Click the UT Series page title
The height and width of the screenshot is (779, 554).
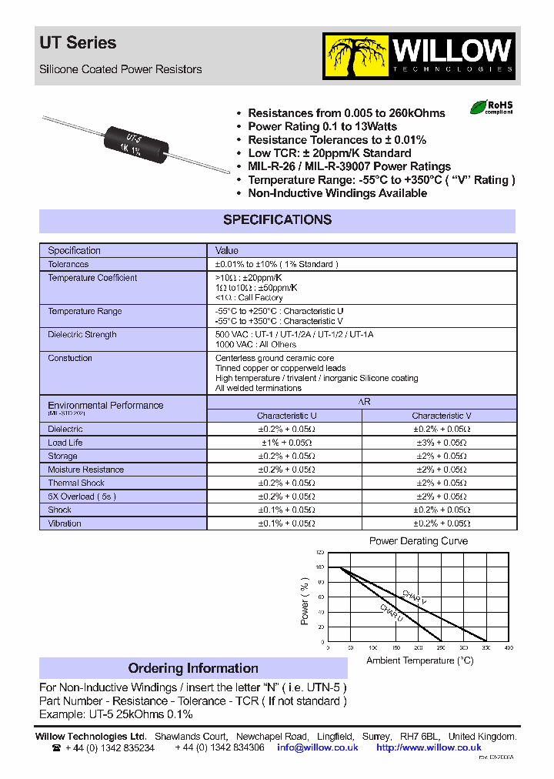(x=78, y=43)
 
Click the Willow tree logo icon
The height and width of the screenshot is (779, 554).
(x=356, y=56)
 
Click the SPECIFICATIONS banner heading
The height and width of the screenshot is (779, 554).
(x=277, y=220)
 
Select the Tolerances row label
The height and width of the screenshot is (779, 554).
(x=68, y=264)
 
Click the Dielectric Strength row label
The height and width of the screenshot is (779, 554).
(x=82, y=335)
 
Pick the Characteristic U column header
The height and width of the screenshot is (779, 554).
(x=286, y=416)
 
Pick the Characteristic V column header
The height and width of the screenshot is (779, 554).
(x=441, y=416)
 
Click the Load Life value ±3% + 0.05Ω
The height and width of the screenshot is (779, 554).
(x=441, y=443)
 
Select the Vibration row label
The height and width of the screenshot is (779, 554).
(x=65, y=523)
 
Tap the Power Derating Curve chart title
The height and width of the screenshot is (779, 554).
(x=418, y=541)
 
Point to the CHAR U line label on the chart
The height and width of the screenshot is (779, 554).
(x=391, y=612)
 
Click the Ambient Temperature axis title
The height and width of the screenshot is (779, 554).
(x=419, y=660)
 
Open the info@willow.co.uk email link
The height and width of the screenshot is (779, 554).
(x=318, y=747)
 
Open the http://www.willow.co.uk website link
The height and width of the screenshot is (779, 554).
(x=429, y=747)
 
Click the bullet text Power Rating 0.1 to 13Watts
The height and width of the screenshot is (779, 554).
(x=322, y=126)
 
